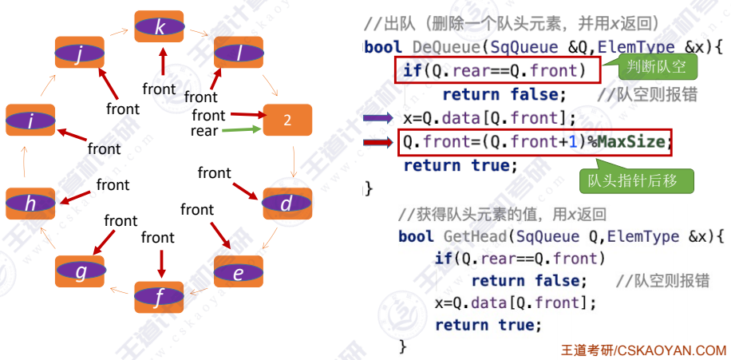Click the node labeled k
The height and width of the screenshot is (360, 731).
coord(160,27)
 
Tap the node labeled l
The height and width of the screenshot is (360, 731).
coord(239,53)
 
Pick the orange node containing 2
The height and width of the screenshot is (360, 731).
coord(287,120)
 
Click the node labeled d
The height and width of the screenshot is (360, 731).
coord(286,204)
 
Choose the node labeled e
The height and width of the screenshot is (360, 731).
coord(238,273)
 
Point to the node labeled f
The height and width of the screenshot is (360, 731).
coord(160,299)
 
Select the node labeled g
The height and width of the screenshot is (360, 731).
coord(80,273)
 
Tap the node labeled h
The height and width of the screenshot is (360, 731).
coord(30,204)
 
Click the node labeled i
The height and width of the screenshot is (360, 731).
coord(30,121)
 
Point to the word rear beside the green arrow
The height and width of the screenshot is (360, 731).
coord(204,130)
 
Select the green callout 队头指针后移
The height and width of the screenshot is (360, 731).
coord(636,180)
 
